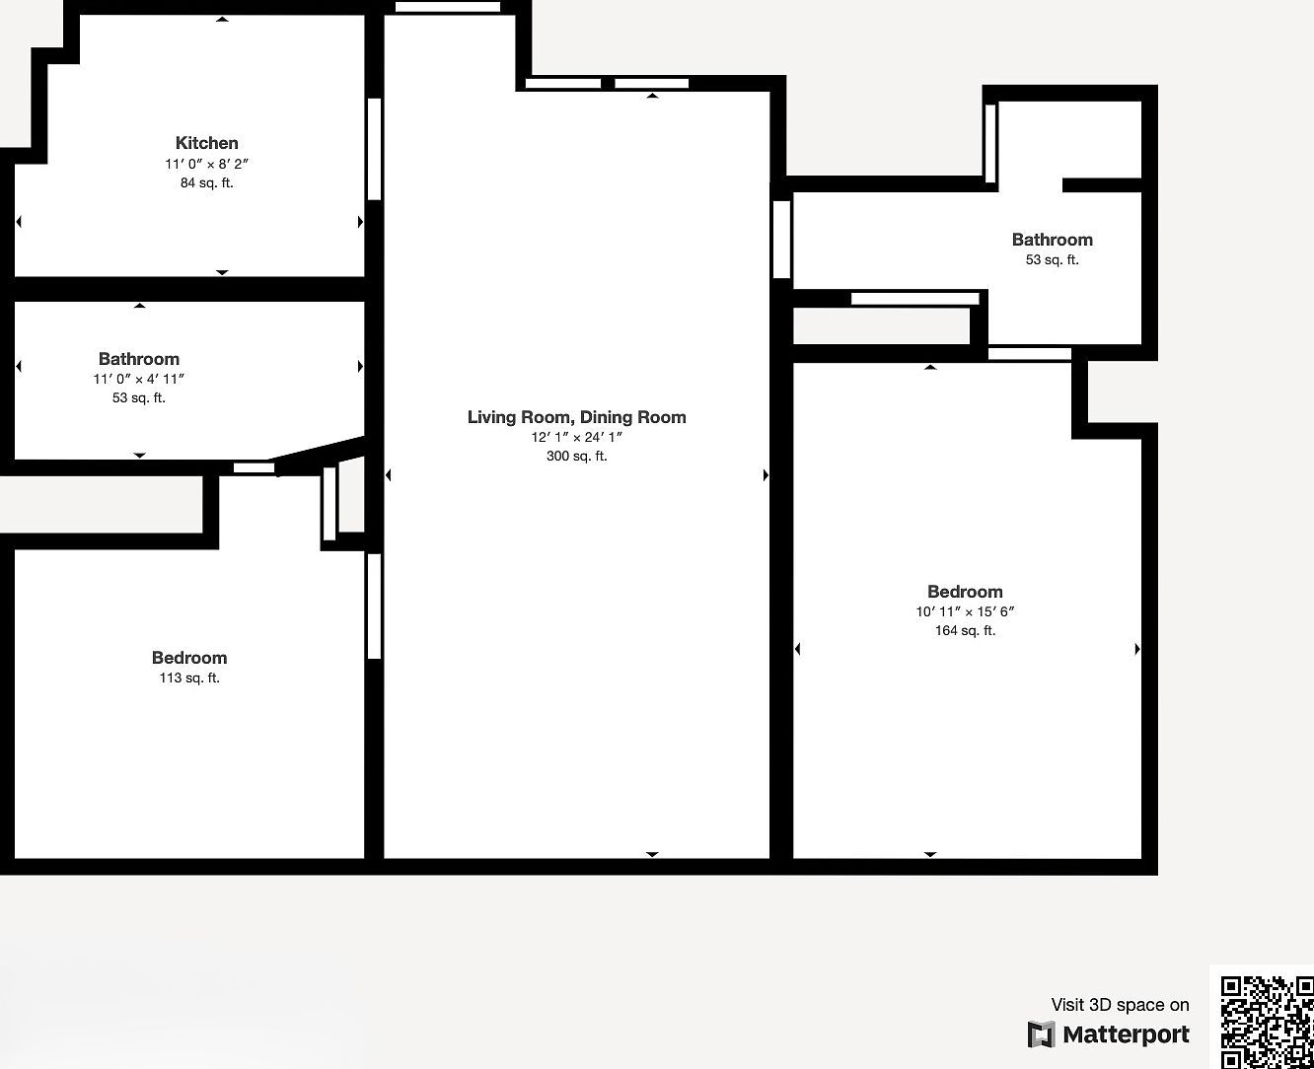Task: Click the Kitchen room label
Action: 206,143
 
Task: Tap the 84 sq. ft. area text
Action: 206,182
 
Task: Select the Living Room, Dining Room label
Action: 576,417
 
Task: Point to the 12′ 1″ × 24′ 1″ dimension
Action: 576,437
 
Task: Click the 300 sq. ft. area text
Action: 576,456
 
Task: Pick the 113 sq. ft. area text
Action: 189,677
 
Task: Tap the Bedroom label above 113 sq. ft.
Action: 189,658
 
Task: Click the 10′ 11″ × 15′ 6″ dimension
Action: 965,611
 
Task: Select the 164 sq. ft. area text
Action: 965,630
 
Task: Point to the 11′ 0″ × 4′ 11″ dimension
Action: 139,379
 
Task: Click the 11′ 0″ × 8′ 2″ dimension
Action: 206,164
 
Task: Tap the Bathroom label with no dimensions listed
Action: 1052,240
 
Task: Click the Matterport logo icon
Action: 1041,1034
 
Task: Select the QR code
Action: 1267,1022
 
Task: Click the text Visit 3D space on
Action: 1120,1005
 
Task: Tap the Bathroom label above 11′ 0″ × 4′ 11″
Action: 139,359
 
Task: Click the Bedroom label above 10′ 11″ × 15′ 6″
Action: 965,592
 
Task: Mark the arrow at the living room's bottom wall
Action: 652,854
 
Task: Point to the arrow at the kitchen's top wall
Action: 223,19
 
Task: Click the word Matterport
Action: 1126,1034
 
